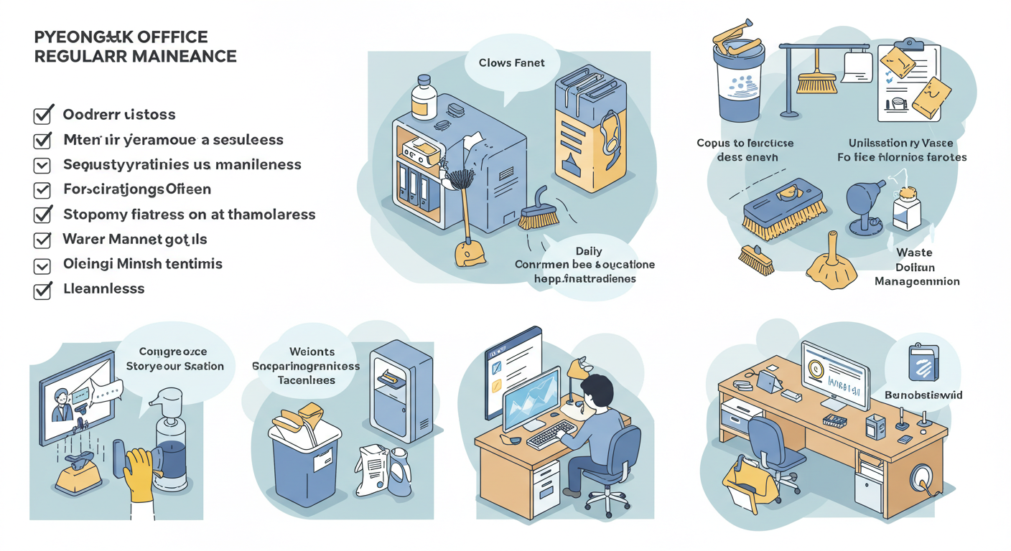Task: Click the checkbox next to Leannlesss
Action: (x=42, y=290)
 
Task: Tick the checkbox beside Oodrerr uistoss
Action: (x=43, y=115)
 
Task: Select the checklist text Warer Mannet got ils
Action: (x=135, y=239)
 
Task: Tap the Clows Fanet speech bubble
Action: (x=511, y=63)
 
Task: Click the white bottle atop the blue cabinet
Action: (x=424, y=100)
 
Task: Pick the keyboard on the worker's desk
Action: (x=551, y=433)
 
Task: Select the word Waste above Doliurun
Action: (x=914, y=253)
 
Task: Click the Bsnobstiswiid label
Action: (x=923, y=395)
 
